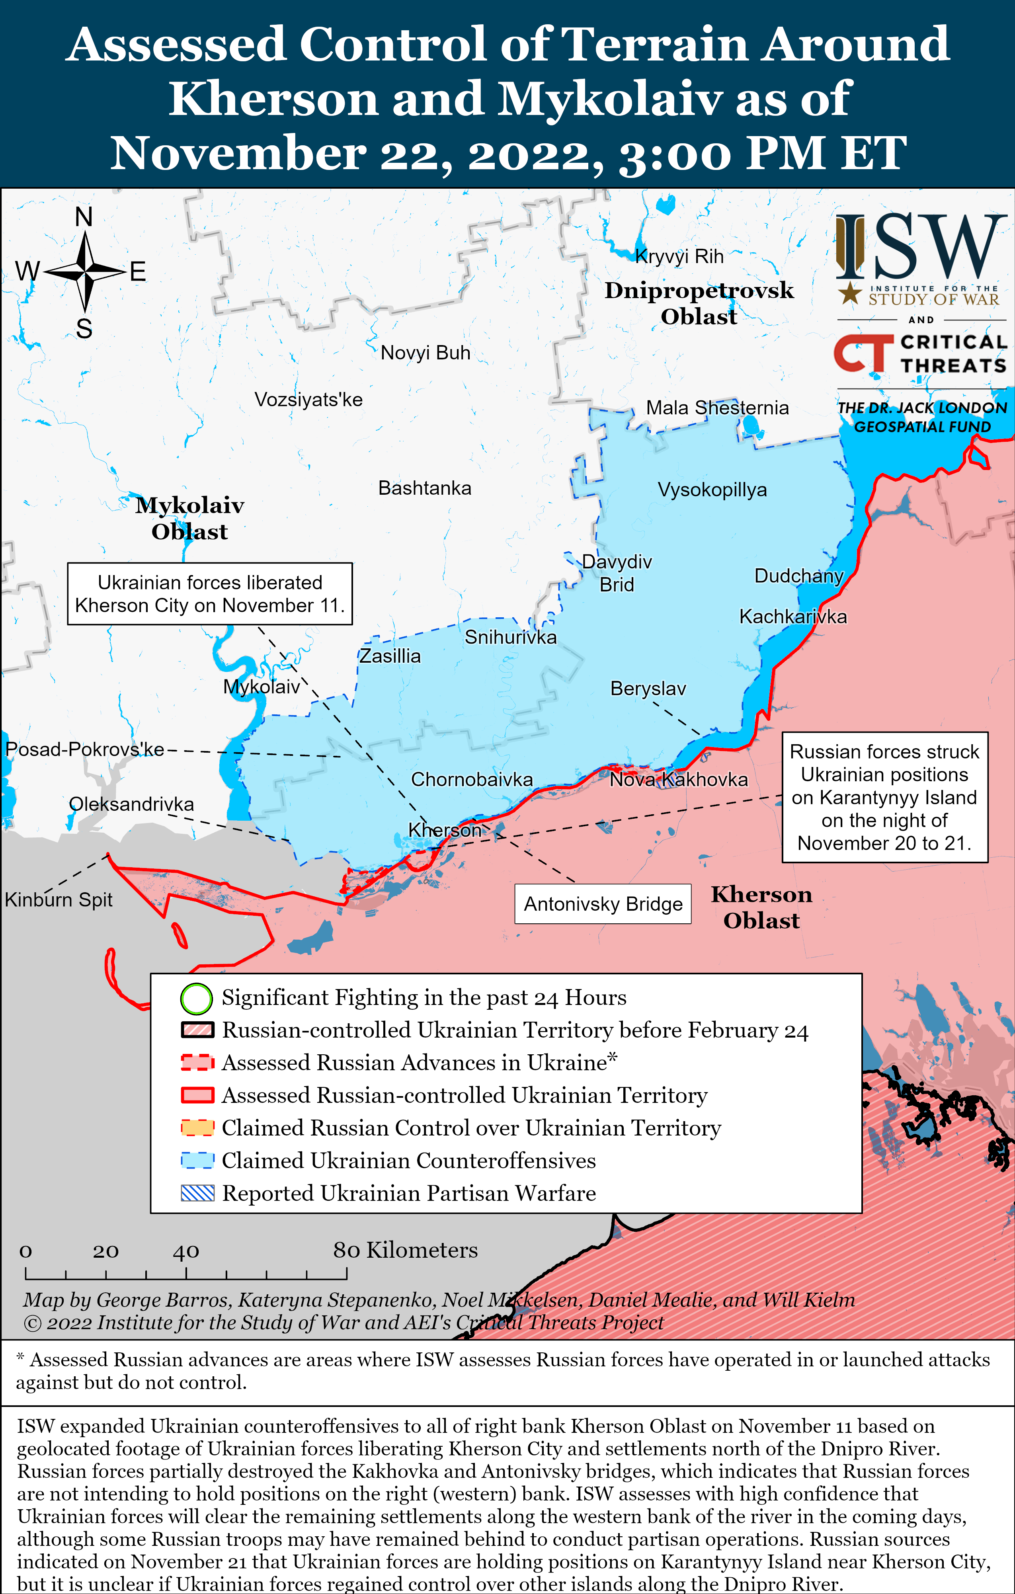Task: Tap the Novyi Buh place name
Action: (425, 353)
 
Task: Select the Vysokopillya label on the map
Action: (712, 490)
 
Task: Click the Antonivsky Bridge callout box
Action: (603, 903)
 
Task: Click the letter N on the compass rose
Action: (84, 217)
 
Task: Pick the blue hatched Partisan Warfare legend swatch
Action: (197, 1193)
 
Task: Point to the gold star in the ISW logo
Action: (849, 293)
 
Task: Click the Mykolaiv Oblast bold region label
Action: (189, 518)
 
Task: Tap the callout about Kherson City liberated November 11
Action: (209, 594)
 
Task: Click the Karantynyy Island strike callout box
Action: (884, 797)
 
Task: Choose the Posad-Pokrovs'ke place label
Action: (85, 749)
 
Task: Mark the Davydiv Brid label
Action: (617, 573)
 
